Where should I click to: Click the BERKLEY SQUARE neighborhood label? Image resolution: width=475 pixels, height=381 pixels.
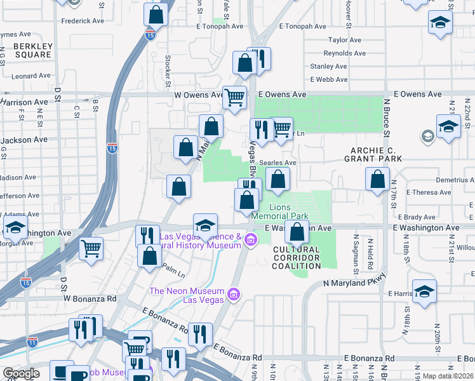(32, 51)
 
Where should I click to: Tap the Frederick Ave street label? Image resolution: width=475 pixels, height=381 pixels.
(83, 21)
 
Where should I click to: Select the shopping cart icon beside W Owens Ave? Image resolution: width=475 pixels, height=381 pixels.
(235, 98)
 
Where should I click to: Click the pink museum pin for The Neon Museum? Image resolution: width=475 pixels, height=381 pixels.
(234, 295)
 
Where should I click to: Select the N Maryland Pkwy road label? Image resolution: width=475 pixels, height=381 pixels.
(354, 283)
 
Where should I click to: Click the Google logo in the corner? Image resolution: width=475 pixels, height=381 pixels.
(20, 373)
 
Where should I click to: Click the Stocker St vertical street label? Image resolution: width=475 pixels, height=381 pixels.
(168, 71)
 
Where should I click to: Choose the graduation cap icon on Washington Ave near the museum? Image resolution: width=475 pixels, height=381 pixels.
(205, 225)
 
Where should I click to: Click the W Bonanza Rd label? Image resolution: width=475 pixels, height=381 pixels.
(90, 298)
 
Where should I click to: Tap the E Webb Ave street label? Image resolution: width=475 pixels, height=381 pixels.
(329, 79)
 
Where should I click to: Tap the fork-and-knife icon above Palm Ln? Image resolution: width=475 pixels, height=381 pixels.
(147, 235)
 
